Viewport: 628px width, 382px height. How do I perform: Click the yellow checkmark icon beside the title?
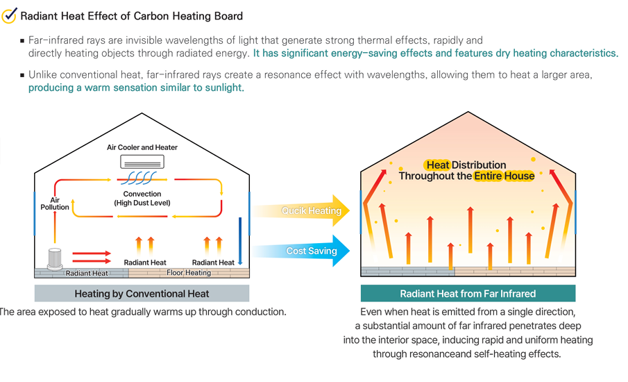point(10,15)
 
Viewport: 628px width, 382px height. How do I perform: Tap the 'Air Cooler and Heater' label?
point(142,147)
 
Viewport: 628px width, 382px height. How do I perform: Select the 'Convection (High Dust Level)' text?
point(142,198)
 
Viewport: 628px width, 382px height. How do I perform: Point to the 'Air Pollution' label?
point(55,203)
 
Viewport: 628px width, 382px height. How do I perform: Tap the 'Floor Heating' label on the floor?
point(189,273)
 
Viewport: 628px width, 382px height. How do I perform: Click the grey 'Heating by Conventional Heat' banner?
point(142,293)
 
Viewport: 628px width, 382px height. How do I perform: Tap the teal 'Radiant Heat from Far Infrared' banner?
point(468,293)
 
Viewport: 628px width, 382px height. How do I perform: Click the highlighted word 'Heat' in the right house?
point(437,165)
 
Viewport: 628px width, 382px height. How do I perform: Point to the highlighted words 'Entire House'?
point(504,176)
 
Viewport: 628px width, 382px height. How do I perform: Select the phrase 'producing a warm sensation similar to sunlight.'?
point(136,88)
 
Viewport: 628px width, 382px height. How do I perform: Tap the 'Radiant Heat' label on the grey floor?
point(87,273)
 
